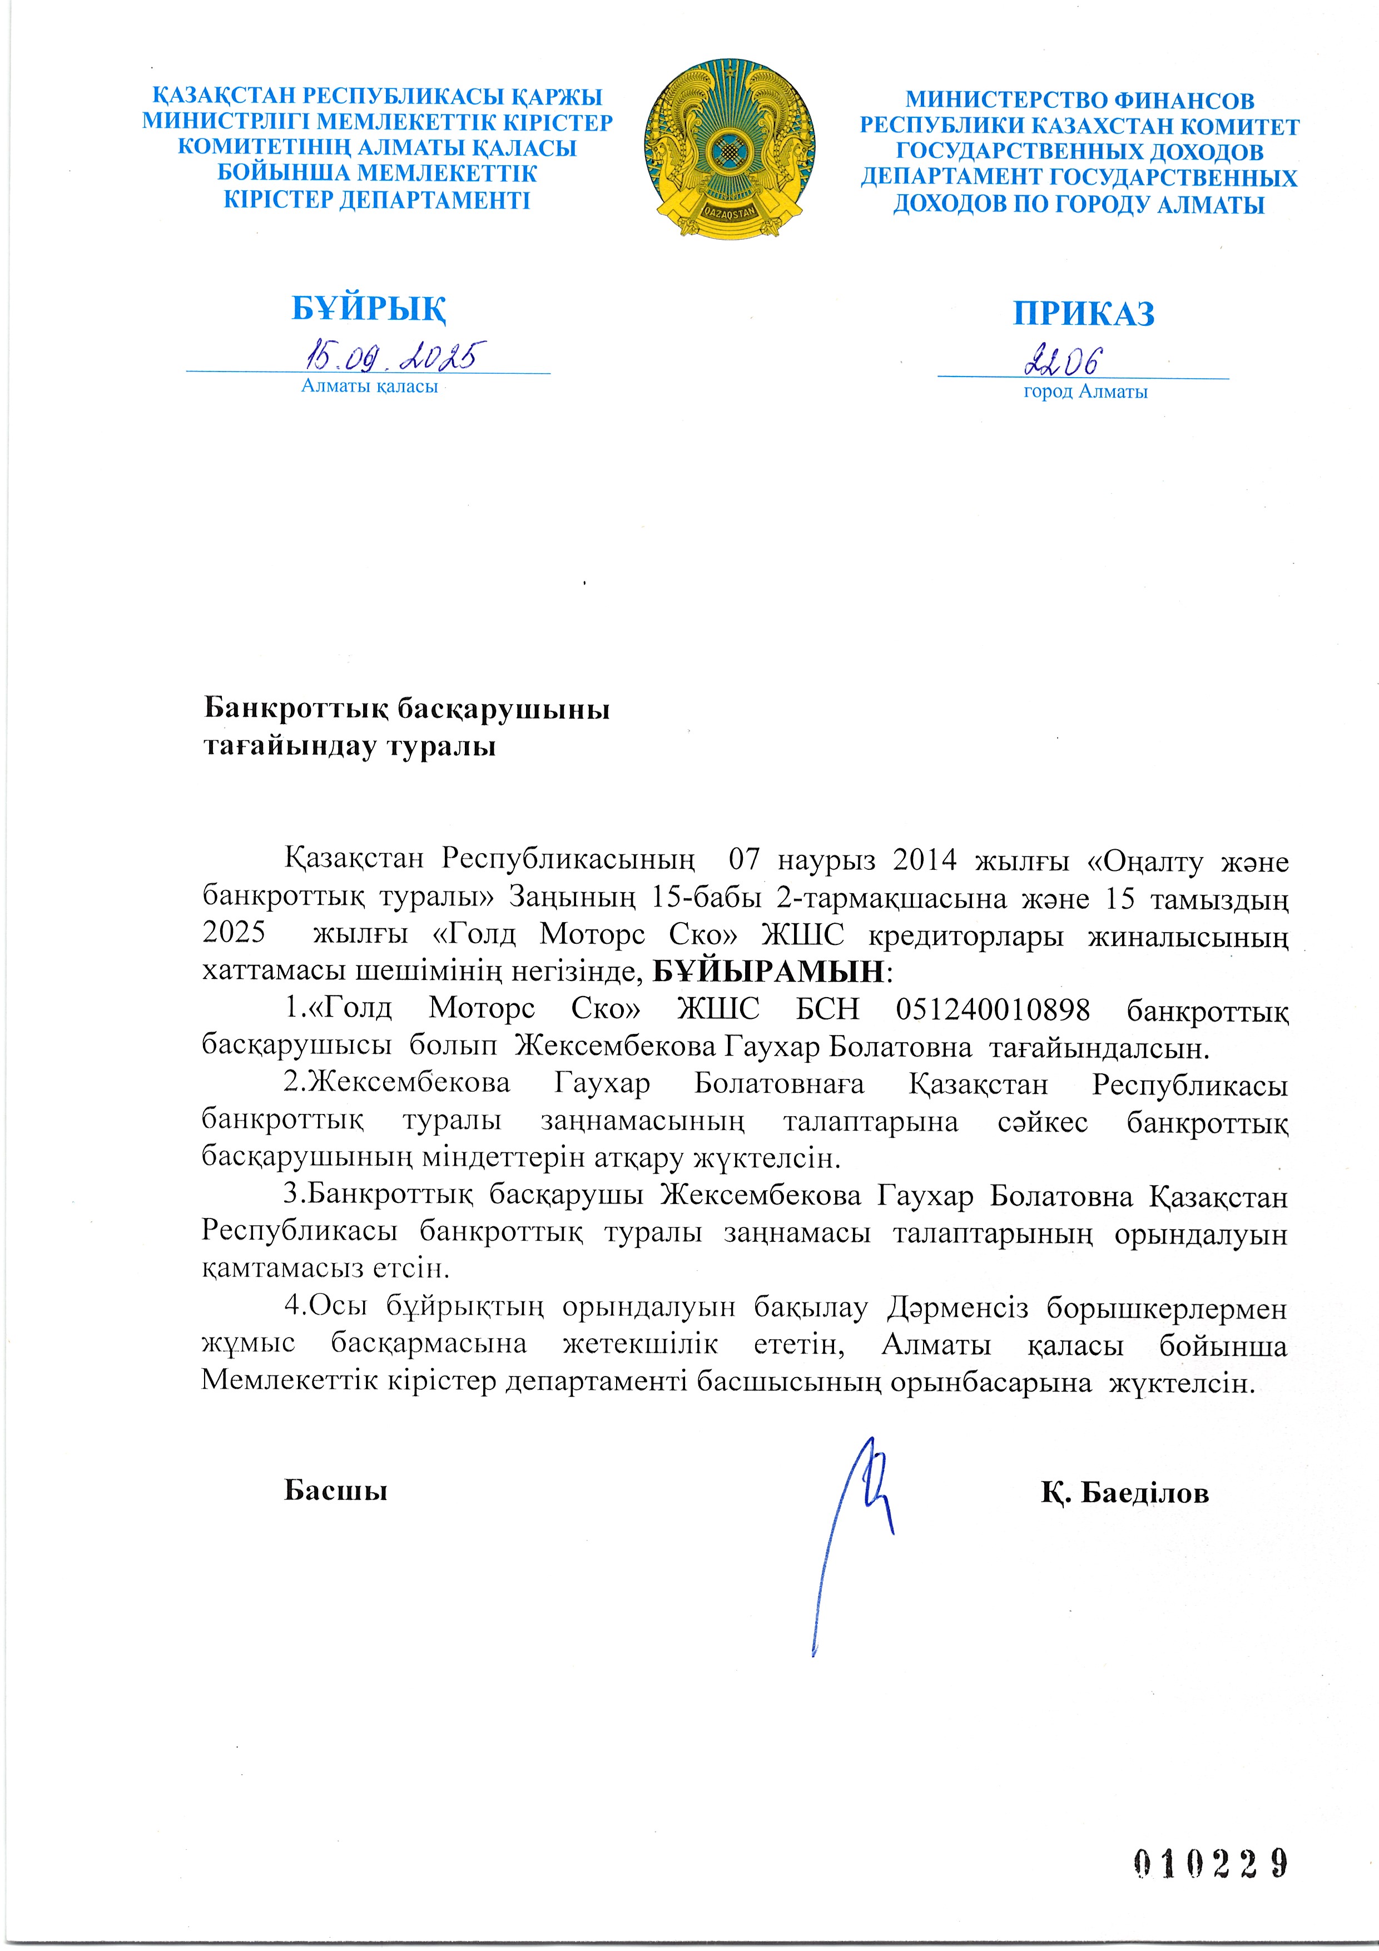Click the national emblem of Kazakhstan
coord(730,148)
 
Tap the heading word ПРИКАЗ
coord(1083,314)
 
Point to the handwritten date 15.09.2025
coord(396,356)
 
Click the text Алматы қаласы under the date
coord(370,387)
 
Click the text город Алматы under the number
coord(1085,392)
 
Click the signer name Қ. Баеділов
coord(1124,1492)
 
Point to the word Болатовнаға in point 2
coord(778,1085)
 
